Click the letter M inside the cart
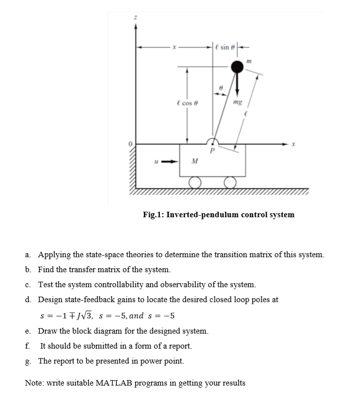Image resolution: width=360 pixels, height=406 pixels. point(195,161)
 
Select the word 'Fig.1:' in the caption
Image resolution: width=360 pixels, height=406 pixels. point(153,215)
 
